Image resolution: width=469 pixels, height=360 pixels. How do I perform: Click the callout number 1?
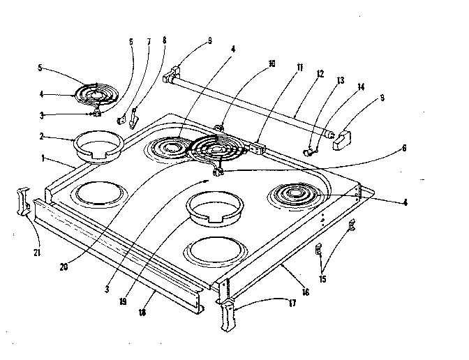(x=43, y=159)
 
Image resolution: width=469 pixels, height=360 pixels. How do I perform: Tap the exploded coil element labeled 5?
(x=98, y=93)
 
